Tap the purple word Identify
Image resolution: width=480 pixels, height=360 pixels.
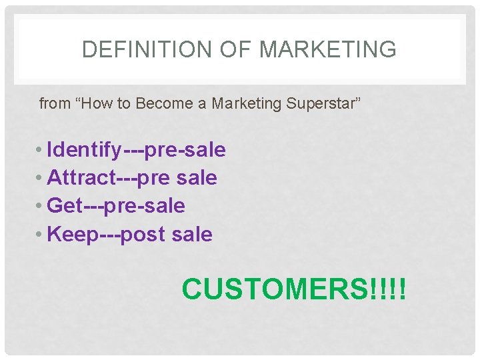[85, 150]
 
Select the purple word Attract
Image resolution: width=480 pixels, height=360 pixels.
[81, 178]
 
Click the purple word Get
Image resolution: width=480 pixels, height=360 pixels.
[65, 206]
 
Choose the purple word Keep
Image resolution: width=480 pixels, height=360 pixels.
[73, 235]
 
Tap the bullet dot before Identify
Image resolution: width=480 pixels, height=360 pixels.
[41, 150]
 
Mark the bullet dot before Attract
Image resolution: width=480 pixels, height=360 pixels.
[41, 178]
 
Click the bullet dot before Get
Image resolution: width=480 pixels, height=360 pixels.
[41, 206]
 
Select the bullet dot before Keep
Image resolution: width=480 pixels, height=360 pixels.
[41, 235]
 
